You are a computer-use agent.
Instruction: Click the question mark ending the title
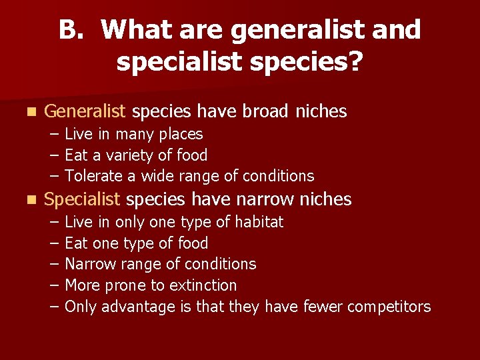(x=355, y=62)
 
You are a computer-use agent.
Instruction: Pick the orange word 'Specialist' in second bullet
(x=82, y=199)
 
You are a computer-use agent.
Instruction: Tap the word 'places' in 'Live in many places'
(x=181, y=134)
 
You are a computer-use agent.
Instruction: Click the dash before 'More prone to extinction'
(x=53, y=285)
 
